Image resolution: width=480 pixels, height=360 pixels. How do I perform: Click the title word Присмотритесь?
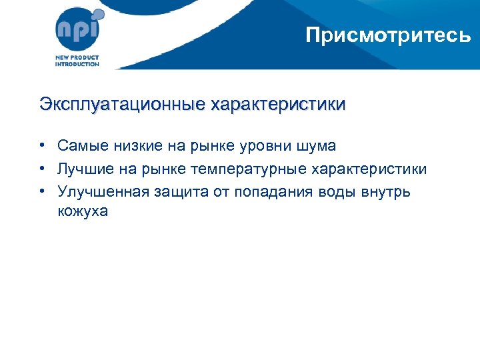point(388,35)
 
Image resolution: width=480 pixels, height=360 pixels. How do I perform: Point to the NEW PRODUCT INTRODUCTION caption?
point(77,61)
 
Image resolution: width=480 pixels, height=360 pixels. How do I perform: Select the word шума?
point(315,147)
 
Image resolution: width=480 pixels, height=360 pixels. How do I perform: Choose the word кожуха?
point(82,212)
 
